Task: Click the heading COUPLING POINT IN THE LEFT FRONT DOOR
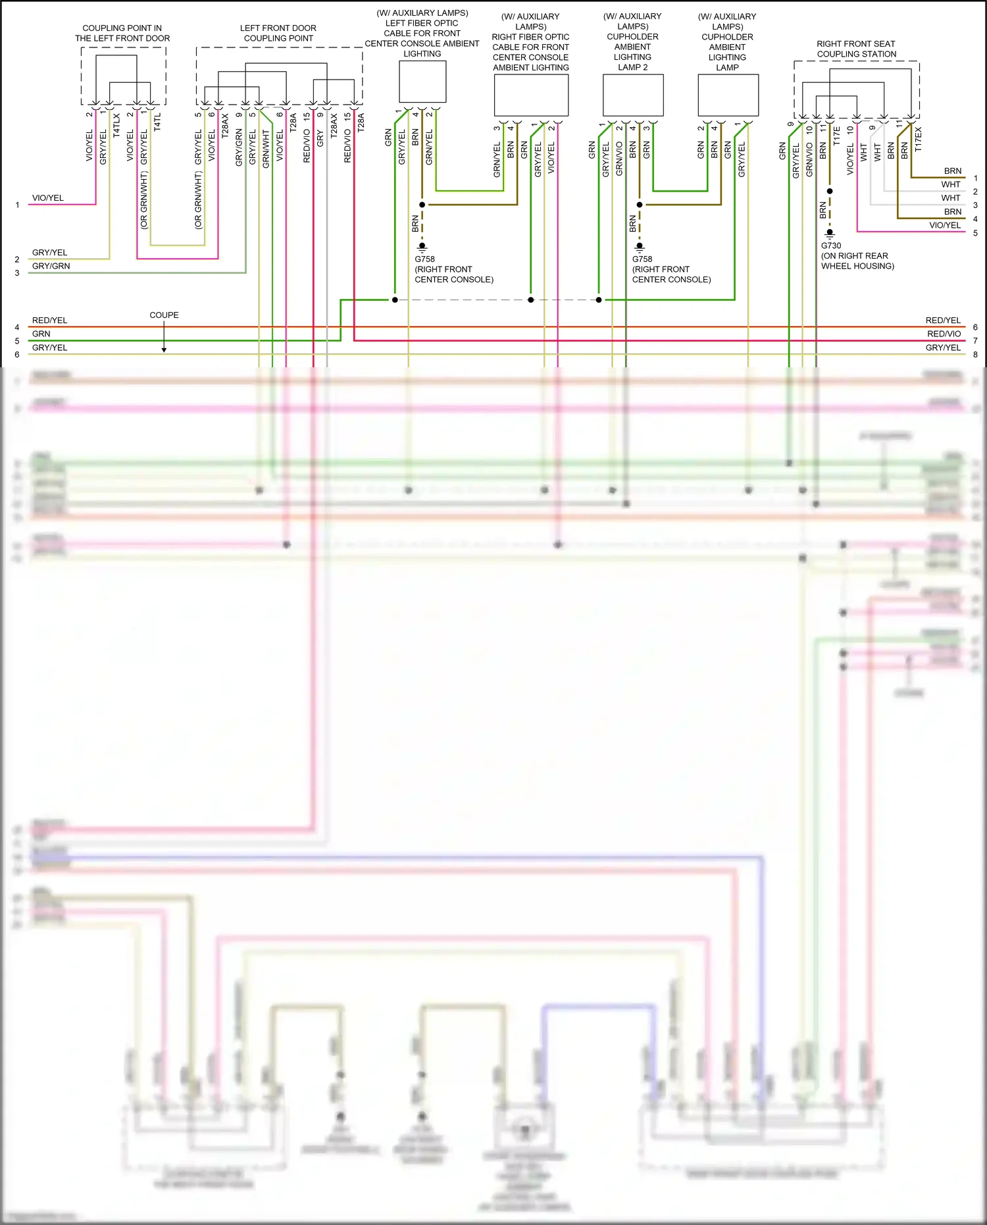(x=122, y=33)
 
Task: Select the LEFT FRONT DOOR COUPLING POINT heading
(x=278, y=33)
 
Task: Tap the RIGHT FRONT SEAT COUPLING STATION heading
(x=856, y=49)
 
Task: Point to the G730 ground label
(x=831, y=246)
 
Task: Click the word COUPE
(x=164, y=315)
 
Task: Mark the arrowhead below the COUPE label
(x=164, y=350)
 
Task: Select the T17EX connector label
(x=918, y=140)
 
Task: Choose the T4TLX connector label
(x=116, y=125)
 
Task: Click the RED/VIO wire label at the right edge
(x=944, y=334)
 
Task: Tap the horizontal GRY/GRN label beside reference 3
(x=51, y=266)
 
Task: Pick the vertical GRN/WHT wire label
(x=266, y=149)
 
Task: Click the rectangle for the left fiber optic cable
(x=422, y=82)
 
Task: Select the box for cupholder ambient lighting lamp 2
(x=633, y=95)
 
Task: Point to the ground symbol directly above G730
(x=830, y=233)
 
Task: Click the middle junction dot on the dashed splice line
(x=530, y=300)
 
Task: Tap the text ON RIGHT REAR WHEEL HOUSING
(x=857, y=261)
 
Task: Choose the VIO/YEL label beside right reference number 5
(x=944, y=225)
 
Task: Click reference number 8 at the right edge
(x=975, y=354)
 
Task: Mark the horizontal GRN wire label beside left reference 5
(x=41, y=334)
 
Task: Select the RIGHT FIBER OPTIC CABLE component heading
(x=530, y=42)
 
